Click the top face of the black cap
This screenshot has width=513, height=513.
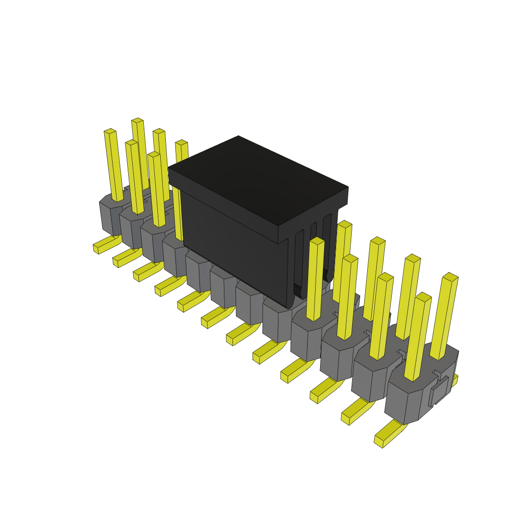tap(258, 180)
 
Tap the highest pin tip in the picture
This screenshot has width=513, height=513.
tap(137, 121)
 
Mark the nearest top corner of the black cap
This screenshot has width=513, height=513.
tap(279, 226)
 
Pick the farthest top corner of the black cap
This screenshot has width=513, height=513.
tap(238, 136)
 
